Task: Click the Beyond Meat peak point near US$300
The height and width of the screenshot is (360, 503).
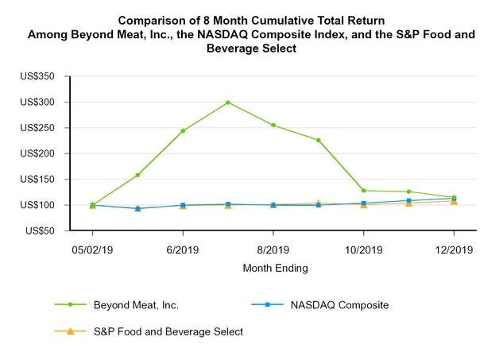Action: pyautogui.click(x=228, y=103)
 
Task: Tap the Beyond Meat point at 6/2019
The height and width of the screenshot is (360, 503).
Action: pyautogui.click(x=183, y=130)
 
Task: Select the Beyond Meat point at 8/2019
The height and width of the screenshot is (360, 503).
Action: pyautogui.click(x=273, y=125)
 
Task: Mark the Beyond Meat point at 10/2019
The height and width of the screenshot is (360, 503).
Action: pyautogui.click(x=363, y=191)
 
